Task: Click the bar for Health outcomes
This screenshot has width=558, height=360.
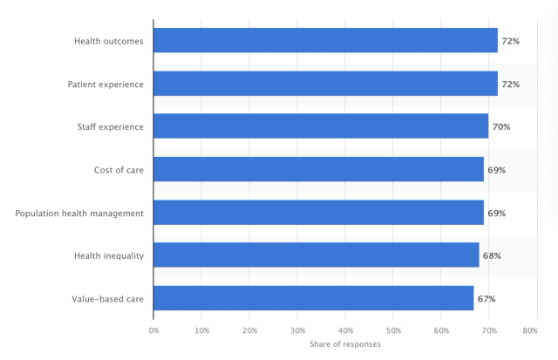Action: pyautogui.click(x=325, y=41)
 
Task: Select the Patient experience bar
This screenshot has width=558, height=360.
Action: pyautogui.click(x=325, y=84)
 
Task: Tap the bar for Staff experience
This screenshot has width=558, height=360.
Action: pyautogui.click(x=321, y=126)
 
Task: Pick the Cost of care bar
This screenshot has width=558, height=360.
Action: pyautogui.click(x=318, y=169)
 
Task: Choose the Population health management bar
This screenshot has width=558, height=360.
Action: pyautogui.click(x=318, y=213)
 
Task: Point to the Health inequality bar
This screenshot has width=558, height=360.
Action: pyautogui.click(x=316, y=255)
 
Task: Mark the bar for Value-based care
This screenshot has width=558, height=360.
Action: pyautogui.click(x=314, y=298)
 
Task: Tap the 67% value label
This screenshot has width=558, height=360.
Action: pyautogui.click(x=486, y=299)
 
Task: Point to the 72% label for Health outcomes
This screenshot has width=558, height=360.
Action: pyautogui.click(x=510, y=42)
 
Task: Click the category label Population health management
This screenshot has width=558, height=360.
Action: pyautogui.click(x=79, y=213)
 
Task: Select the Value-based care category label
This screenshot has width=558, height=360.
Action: pyautogui.click(x=107, y=299)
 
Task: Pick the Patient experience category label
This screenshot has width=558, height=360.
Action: pyautogui.click(x=105, y=85)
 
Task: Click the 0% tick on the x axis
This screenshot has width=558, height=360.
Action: pyautogui.click(x=153, y=330)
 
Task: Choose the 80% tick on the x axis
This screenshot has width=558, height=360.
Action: pyautogui.click(x=529, y=330)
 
